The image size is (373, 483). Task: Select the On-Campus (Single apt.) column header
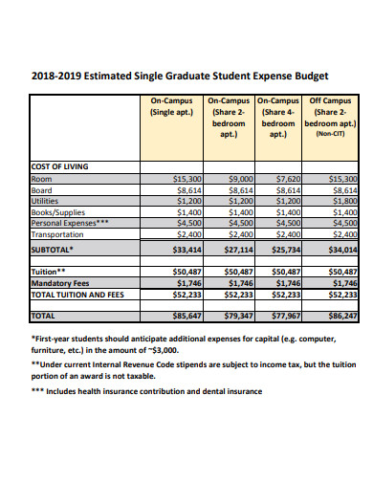(172, 107)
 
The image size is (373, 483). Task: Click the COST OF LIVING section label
(60, 166)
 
